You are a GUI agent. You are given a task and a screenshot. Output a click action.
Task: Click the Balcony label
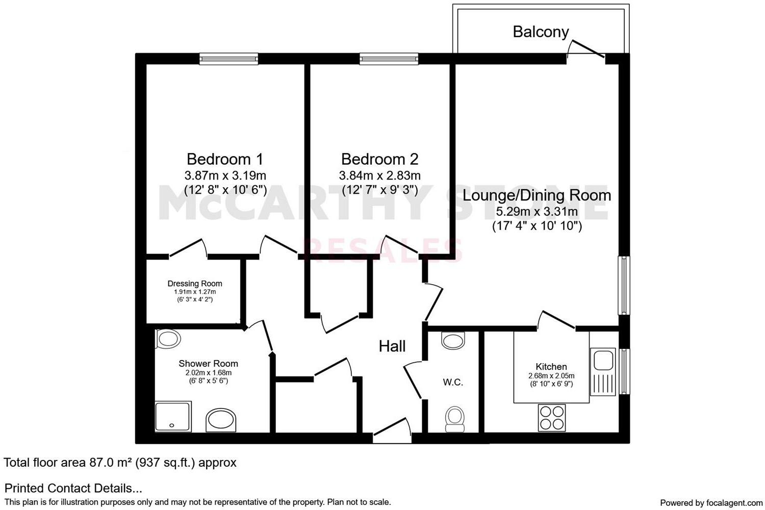[x=541, y=32]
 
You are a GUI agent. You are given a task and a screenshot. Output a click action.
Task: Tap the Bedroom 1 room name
[x=225, y=159]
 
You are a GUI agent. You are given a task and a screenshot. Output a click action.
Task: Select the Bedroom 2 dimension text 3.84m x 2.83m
[x=379, y=176]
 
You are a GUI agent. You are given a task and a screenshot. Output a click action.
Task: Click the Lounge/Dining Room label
[x=537, y=195]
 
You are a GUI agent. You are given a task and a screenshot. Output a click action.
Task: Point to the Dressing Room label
[x=195, y=284]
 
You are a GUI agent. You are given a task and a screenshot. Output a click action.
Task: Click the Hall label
[x=392, y=346]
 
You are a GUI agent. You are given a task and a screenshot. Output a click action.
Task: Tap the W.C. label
[x=453, y=382]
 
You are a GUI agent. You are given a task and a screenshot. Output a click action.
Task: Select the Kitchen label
[x=551, y=366]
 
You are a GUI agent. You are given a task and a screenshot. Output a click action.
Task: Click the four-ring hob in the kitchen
[x=552, y=417]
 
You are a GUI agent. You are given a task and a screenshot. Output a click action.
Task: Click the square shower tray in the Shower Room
[x=172, y=416]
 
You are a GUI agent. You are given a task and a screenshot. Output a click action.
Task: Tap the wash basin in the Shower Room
[x=221, y=420]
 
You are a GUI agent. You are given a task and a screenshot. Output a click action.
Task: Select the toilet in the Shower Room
[x=168, y=339]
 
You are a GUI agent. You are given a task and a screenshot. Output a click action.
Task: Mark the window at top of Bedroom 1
[x=228, y=59]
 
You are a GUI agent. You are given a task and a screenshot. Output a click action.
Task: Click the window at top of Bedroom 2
[x=389, y=59]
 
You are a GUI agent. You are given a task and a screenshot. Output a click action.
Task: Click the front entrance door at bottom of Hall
[x=392, y=431]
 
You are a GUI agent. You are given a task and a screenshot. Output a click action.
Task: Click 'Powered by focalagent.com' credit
[x=711, y=503]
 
